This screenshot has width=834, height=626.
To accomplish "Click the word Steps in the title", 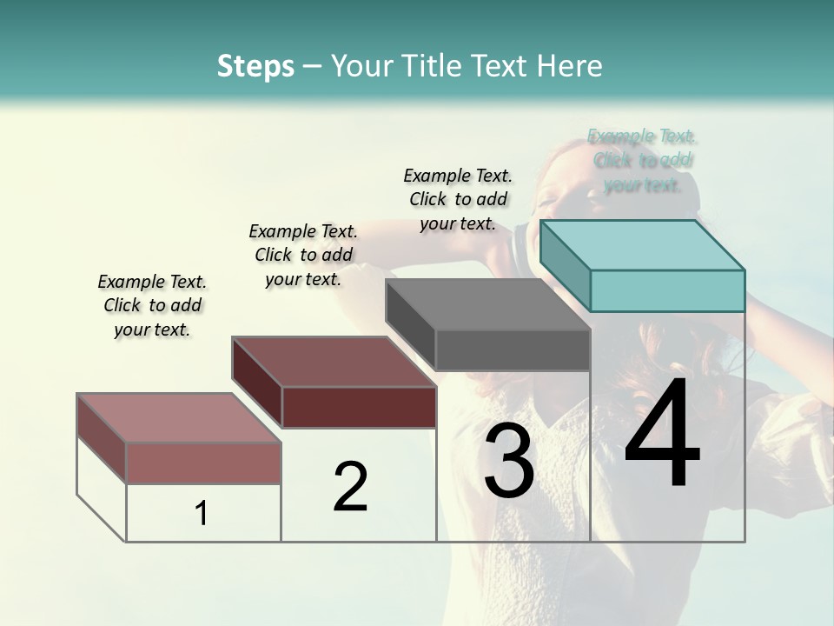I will coord(255,66).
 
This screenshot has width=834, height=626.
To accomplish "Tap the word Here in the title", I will coord(570,66).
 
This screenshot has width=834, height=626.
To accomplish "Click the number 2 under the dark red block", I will coord(350,487).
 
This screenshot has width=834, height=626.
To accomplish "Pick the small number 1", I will coord(202,514).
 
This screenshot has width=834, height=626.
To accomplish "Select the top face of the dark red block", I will coord(334,362).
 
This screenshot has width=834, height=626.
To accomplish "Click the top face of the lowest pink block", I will coord(179,418).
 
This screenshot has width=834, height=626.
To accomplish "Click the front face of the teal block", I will coord(667,290).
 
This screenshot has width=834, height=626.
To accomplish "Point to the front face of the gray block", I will coord(513,350).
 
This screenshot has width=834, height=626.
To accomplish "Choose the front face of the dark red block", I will coord(359,407).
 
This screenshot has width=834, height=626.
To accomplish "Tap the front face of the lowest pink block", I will coord(203,463).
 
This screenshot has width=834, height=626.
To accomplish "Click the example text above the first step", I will coord(152,305).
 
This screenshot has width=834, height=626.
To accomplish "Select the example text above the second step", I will coord(303,255).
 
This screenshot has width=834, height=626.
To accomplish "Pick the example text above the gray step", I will coord(458,199).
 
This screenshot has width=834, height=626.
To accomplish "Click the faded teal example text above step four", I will coord(642,160).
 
